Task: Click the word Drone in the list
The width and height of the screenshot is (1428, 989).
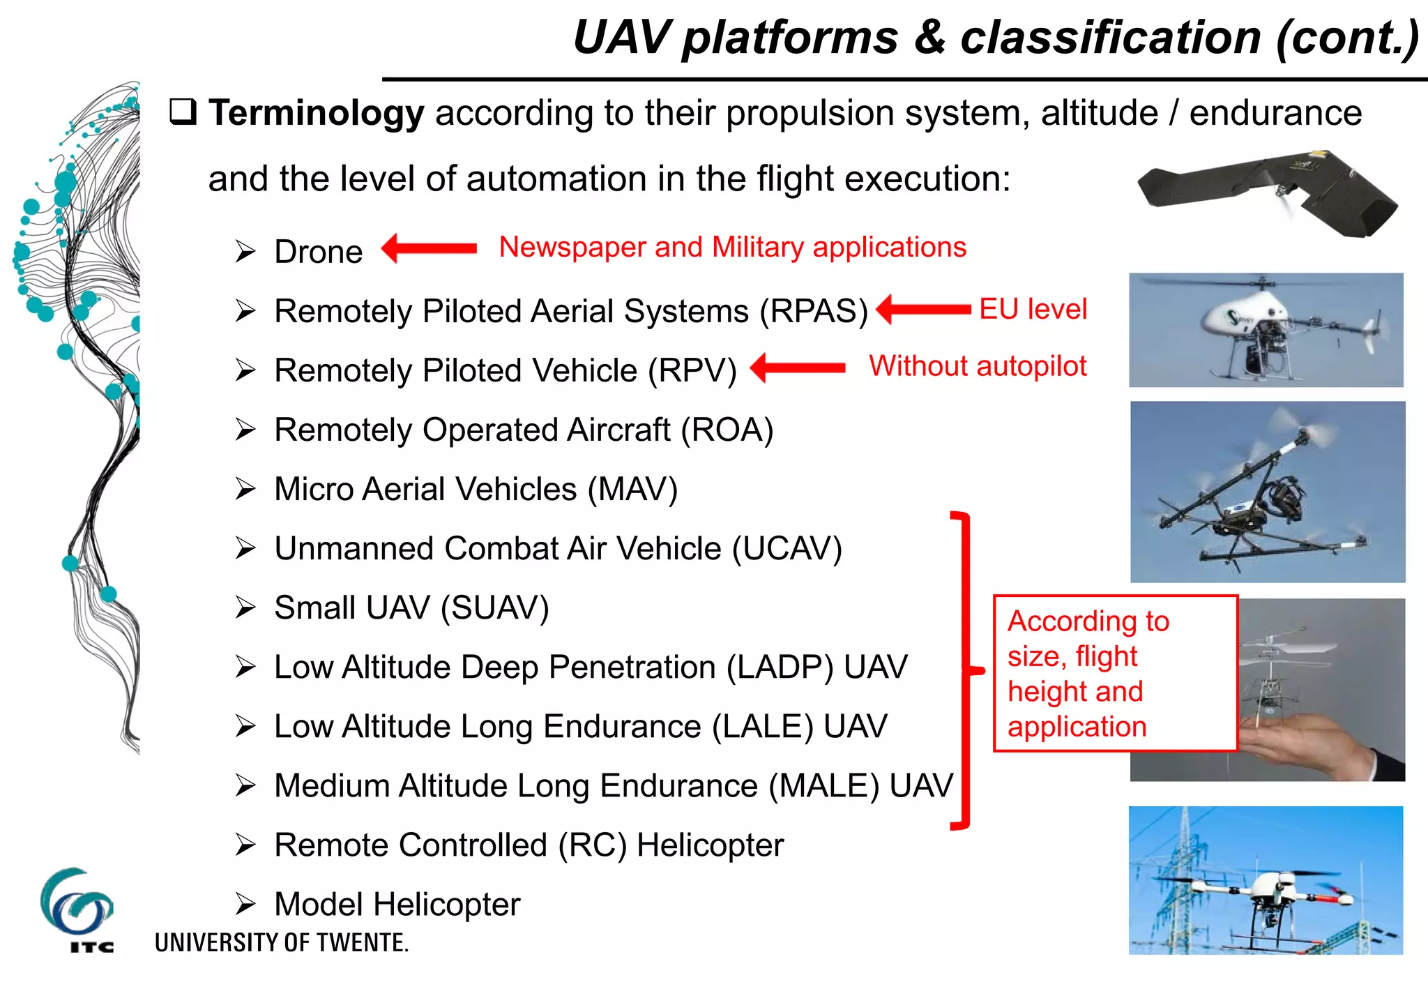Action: coord(318,252)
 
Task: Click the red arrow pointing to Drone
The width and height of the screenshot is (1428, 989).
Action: coord(429,248)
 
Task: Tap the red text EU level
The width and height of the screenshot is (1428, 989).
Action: coord(1033,309)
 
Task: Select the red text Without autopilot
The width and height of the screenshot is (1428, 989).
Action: coord(978,366)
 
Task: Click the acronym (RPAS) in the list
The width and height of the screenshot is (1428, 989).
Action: coord(814,311)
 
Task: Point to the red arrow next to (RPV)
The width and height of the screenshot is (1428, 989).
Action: coord(798,368)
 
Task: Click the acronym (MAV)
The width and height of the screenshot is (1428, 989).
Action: coord(632,489)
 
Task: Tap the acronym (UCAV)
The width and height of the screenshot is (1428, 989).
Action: coord(787,548)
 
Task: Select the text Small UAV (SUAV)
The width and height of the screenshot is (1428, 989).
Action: coord(411,607)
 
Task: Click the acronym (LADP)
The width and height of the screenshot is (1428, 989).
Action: coord(780,667)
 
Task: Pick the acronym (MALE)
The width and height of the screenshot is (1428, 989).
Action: coord(823,786)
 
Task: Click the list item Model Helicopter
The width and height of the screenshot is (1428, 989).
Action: coord(397,905)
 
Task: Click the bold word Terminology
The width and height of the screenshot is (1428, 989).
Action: coord(316,113)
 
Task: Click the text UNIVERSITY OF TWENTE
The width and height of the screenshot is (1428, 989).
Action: coord(281,943)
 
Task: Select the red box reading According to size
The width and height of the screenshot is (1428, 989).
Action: coord(1115,673)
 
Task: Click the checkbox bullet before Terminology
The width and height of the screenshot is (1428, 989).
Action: coord(183,112)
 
